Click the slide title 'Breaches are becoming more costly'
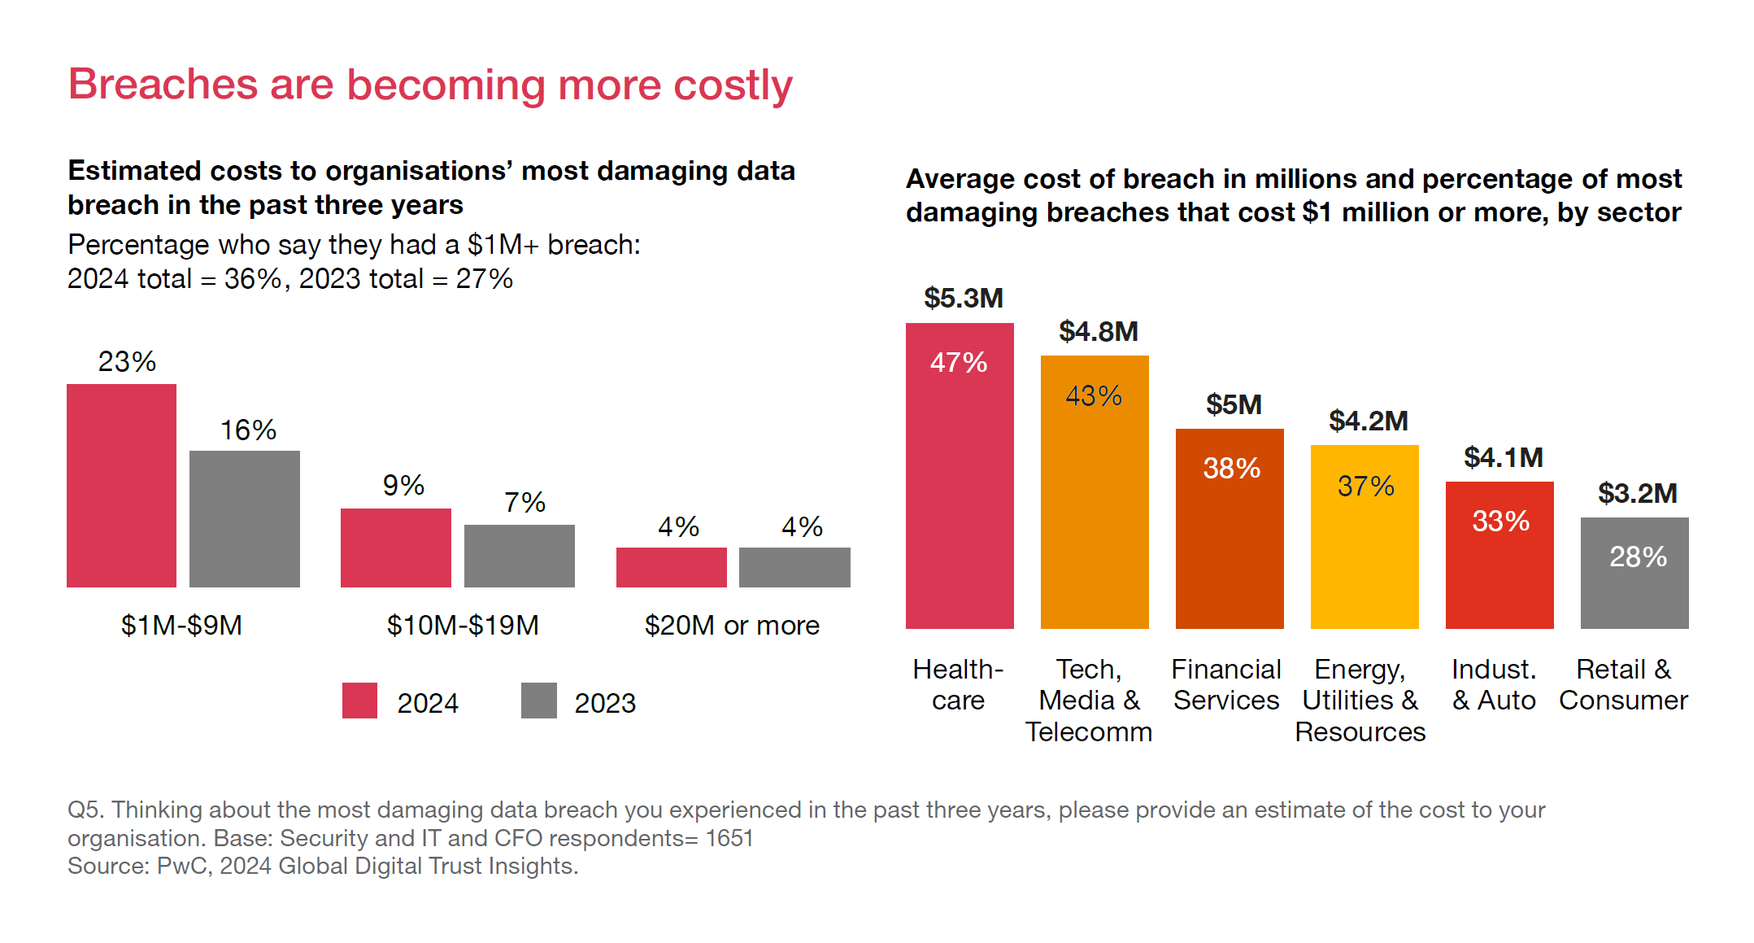(x=430, y=85)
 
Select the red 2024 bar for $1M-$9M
(x=121, y=485)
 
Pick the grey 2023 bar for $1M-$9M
(x=244, y=518)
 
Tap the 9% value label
(x=403, y=486)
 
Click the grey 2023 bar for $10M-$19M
(x=519, y=556)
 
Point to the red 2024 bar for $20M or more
(x=671, y=567)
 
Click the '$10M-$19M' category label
(x=463, y=625)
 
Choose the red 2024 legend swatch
(x=359, y=701)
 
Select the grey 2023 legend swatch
(x=538, y=701)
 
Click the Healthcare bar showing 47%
(x=960, y=488)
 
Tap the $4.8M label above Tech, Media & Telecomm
(x=1098, y=331)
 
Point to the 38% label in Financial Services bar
(x=1231, y=468)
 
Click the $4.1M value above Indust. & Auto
(x=1503, y=457)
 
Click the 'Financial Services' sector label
(x=1226, y=684)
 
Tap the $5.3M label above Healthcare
(x=963, y=298)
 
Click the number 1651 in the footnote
(x=729, y=838)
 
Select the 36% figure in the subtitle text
(x=253, y=279)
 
